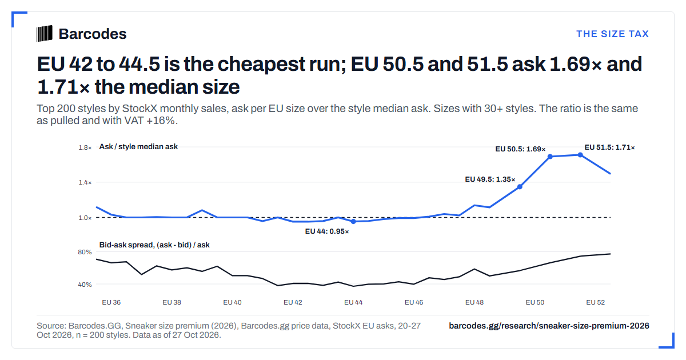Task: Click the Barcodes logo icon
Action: click(45, 34)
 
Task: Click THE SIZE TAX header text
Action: click(612, 34)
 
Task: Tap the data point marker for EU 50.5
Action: click(550, 157)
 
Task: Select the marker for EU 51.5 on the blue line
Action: click(580, 155)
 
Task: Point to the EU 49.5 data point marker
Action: click(520, 187)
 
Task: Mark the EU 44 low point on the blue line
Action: click(353, 221)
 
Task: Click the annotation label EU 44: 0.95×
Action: click(327, 231)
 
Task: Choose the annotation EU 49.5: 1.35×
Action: click(490, 179)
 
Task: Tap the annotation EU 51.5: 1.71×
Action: click(609, 147)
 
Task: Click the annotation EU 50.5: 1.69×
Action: click(520, 149)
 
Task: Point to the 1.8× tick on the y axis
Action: click(85, 147)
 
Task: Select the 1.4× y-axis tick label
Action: click(85, 182)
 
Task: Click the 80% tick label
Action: click(85, 252)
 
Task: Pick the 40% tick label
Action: click(85, 285)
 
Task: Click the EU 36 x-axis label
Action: click(111, 302)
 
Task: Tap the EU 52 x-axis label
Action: click(595, 302)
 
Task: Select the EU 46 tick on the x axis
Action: click(414, 302)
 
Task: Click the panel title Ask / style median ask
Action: click(138, 147)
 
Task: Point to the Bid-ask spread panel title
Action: click(154, 245)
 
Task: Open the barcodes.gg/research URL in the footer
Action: click(549, 326)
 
